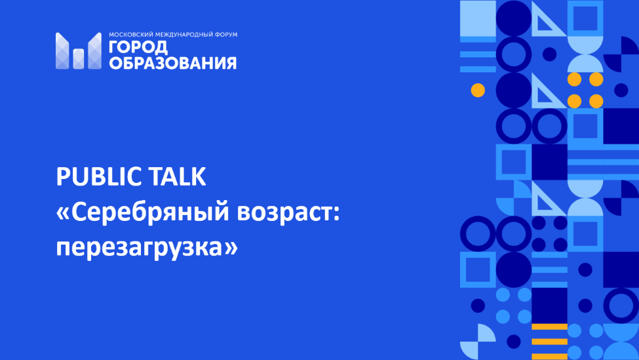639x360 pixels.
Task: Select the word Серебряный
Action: pyautogui.click(x=150, y=213)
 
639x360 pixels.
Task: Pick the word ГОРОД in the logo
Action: pyautogui.click(x=138, y=47)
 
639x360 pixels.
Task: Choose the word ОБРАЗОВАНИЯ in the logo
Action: pyautogui.click(x=173, y=63)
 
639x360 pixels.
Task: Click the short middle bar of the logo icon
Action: pyautogui.click(x=79, y=59)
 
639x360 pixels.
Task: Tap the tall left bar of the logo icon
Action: pyautogui.click(x=62, y=50)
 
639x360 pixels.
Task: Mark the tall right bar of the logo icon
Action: pyautogui.click(x=94, y=50)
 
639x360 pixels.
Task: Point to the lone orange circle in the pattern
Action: pyautogui.click(x=478, y=90)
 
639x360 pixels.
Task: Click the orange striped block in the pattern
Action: pyautogui.click(x=549, y=342)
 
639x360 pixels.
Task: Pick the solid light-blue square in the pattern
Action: pyautogui.click(x=478, y=19)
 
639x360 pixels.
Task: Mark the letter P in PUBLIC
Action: pyautogui.click(x=63, y=176)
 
